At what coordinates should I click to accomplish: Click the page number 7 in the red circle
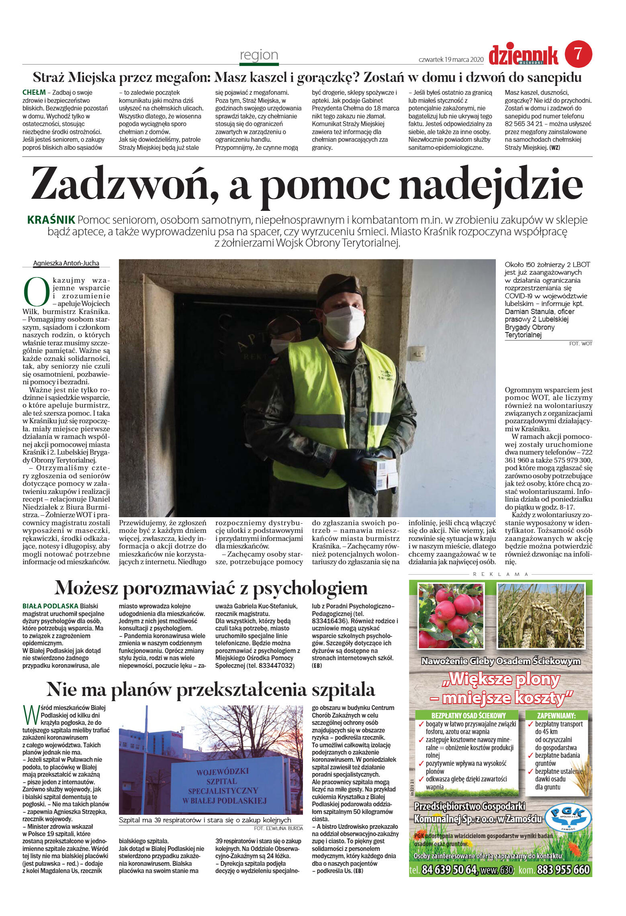578,54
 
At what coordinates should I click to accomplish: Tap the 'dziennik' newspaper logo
523,55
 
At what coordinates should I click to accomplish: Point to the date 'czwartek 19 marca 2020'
450,59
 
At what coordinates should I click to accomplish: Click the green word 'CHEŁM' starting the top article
34,92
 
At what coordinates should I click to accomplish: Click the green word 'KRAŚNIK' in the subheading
51,220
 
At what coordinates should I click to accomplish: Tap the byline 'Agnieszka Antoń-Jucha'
66,263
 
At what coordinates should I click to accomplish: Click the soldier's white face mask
344,324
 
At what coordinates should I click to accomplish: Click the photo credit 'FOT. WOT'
581,343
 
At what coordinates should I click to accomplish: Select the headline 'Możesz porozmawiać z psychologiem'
211,588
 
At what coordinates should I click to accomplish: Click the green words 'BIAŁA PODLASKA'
50,606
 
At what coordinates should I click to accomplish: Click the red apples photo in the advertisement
450,616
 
